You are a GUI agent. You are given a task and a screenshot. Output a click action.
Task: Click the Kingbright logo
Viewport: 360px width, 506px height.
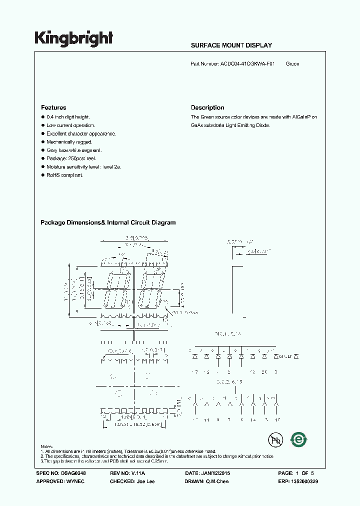pos(73,38)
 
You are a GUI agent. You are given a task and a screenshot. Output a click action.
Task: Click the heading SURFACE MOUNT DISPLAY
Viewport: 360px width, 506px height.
pos(231,45)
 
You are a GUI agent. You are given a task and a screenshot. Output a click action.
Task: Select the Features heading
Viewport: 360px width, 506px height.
pos(53,107)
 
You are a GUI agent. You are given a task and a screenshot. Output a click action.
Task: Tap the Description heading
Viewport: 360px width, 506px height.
pos(207,107)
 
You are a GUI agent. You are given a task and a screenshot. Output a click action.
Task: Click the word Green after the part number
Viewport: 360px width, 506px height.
pos(292,64)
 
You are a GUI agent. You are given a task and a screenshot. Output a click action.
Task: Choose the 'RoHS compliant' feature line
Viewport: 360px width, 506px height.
pos(64,175)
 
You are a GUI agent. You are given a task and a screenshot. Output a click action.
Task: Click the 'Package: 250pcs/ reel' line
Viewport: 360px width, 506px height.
pos(71,158)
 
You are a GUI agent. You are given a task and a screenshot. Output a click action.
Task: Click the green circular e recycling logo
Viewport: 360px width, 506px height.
pos(299,439)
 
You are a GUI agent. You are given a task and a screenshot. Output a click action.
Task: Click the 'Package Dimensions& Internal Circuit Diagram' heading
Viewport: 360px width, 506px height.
pos(108,222)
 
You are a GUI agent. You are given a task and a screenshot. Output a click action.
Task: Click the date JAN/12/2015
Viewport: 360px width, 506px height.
pos(216,472)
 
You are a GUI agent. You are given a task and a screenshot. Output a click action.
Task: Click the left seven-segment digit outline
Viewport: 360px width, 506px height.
pos(116,290)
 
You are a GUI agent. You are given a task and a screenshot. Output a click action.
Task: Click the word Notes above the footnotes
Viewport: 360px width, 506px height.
pos(47,446)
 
